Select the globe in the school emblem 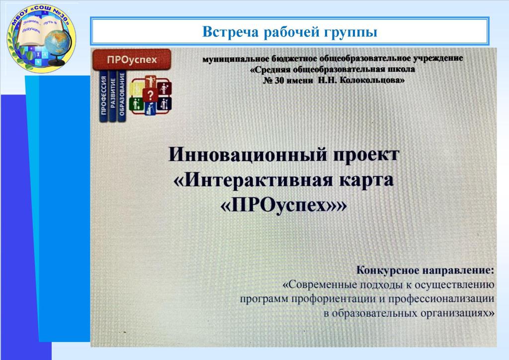(57, 45)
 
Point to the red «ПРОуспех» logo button (132, 59)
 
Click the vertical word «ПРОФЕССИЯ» (103, 95)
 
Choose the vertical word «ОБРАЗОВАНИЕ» (122, 94)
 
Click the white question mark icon (150, 95)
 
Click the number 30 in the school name (279, 81)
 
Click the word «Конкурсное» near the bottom (388, 270)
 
